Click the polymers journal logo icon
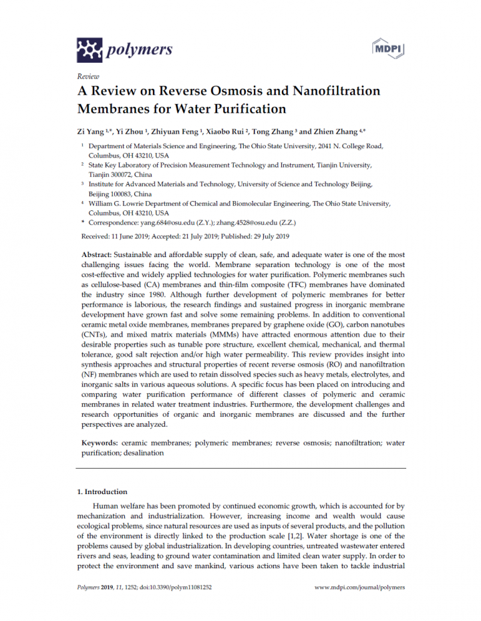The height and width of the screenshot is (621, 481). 90,49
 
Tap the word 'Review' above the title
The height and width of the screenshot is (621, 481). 88,76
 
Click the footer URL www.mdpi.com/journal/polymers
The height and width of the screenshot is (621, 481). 359,588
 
